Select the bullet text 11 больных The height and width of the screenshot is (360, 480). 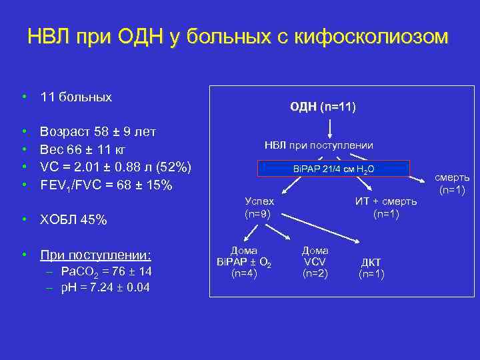[x=76, y=97]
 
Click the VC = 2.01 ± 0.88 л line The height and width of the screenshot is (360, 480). [x=116, y=166]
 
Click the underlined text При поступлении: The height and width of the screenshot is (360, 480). [x=95, y=255]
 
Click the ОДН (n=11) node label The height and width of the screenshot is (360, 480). [x=323, y=107]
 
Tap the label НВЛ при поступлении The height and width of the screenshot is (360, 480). [x=319, y=145]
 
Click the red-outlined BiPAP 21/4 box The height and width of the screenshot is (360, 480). [x=334, y=169]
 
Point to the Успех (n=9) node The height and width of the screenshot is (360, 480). [x=259, y=207]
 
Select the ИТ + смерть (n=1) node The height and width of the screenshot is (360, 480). [x=386, y=207]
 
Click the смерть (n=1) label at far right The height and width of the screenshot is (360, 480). [x=453, y=184]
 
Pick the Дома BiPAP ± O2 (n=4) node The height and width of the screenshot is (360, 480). [x=244, y=261]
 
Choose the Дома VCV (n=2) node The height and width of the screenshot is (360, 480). [x=315, y=261]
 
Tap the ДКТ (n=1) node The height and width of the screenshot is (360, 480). [x=371, y=267]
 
